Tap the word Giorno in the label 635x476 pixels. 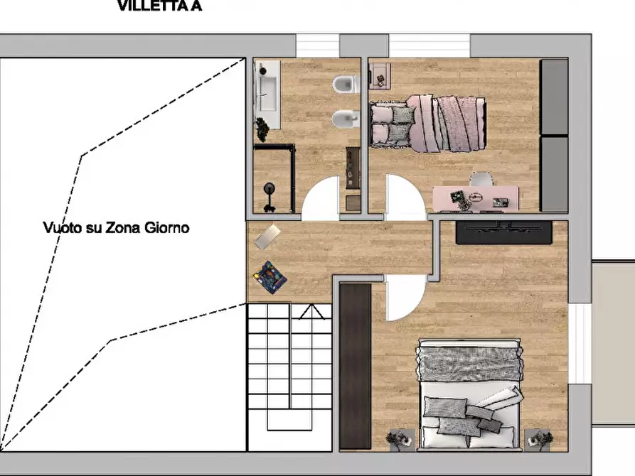(x=168, y=228)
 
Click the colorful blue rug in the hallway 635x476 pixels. (x=271, y=276)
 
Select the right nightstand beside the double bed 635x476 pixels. (x=538, y=438)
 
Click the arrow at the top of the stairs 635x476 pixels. (x=311, y=312)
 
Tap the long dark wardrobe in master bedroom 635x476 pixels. (x=355, y=365)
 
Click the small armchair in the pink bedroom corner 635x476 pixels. (x=380, y=74)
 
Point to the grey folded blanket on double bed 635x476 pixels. (x=469, y=362)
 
